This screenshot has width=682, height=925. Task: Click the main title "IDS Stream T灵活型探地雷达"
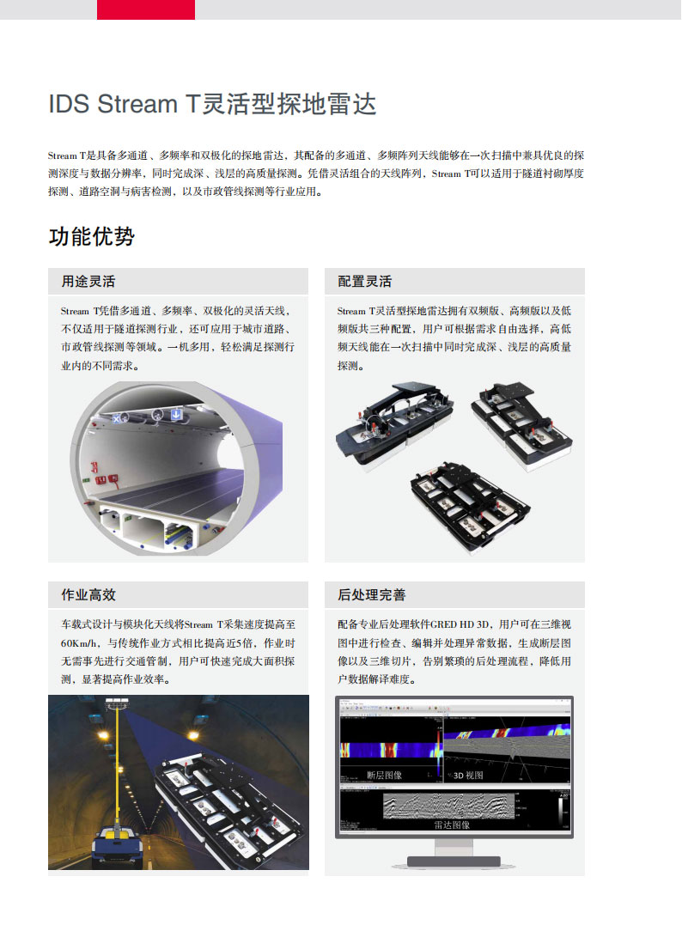(x=212, y=105)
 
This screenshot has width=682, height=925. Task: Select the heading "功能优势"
(x=91, y=236)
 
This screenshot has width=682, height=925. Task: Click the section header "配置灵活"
(x=364, y=282)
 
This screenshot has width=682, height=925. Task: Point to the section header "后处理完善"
(x=371, y=595)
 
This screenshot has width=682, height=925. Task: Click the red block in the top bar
(x=146, y=9)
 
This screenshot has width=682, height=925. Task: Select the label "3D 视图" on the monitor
(x=468, y=775)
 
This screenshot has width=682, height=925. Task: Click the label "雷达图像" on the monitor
(x=452, y=825)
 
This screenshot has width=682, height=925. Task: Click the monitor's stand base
(x=453, y=861)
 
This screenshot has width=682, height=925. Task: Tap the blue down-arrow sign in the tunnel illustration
(x=176, y=414)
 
